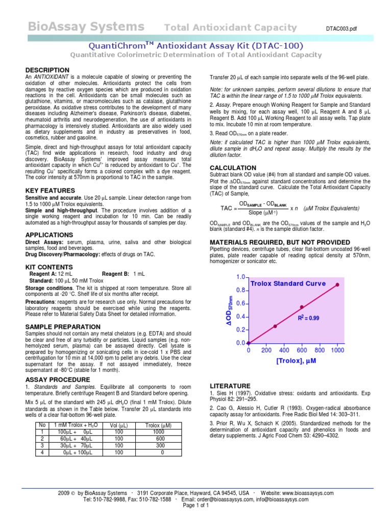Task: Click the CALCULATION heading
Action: (233, 168)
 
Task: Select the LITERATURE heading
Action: (230, 386)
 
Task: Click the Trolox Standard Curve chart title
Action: (287, 283)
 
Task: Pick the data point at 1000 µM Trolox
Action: (337, 285)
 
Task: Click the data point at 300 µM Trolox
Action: (275, 326)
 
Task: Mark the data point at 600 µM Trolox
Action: (302, 307)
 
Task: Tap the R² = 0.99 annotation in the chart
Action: (308, 318)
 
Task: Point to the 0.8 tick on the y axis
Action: (239, 290)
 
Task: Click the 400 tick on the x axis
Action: (284, 351)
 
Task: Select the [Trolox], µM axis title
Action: (297, 361)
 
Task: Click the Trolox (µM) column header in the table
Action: (159, 425)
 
